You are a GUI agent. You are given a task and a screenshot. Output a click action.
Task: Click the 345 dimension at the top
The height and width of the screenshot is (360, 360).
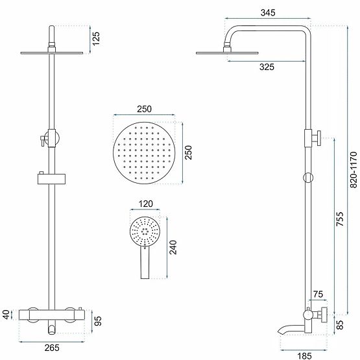tap(266, 12)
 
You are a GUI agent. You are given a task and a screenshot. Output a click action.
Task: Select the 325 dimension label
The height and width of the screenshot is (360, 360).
tap(265, 66)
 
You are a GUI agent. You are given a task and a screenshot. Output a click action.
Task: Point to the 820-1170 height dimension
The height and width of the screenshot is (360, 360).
tap(353, 170)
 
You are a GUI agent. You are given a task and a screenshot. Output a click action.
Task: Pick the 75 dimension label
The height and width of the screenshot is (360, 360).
tap(317, 294)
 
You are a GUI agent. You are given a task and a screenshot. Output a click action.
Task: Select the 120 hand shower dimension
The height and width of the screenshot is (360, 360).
tap(146, 205)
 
